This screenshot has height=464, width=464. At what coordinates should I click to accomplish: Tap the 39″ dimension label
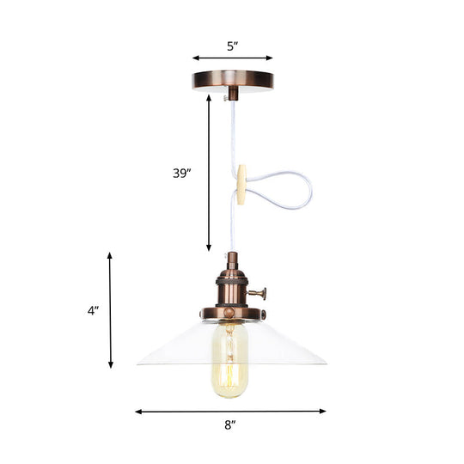[x=182, y=172]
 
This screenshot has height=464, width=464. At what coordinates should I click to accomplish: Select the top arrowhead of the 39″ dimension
[x=209, y=97]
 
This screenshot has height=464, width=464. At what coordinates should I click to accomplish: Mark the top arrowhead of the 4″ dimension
[x=110, y=255]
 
